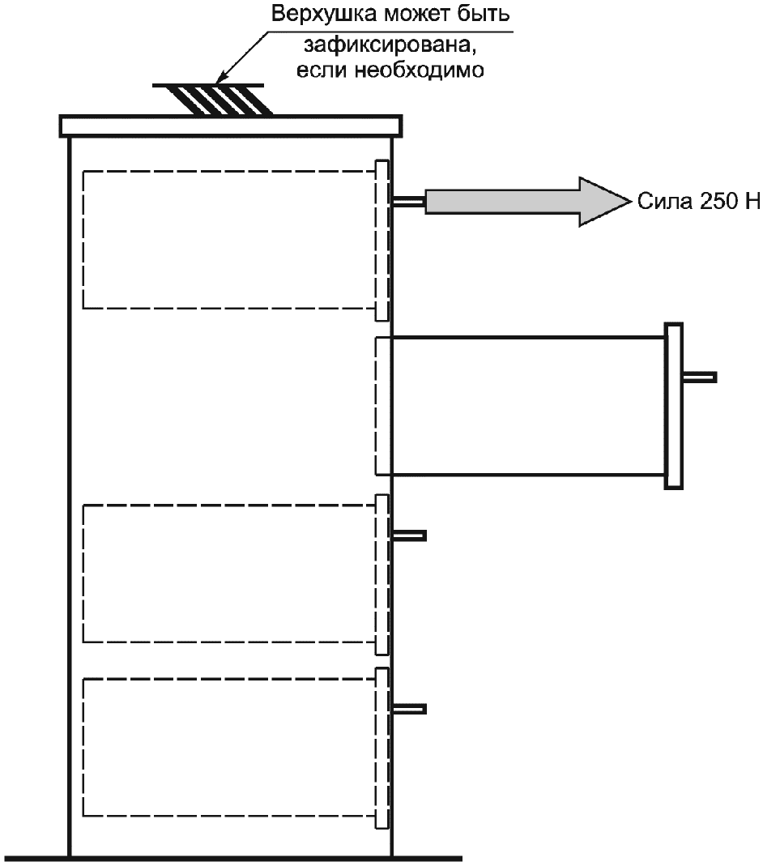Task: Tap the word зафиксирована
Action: (x=390, y=45)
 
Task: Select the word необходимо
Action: (x=419, y=70)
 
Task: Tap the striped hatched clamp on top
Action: (x=217, y=100)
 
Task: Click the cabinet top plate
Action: (x=230, y=126)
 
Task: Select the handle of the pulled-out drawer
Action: (x=700, y=378)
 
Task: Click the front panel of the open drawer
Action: (x=674, y=406)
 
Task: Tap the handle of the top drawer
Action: (x=408, y=202)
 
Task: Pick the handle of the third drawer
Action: (x=409, y=535)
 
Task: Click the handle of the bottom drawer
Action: (x=409, y=709)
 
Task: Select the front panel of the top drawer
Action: (x=382, y=241)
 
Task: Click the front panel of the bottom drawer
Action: (x=382, y=749)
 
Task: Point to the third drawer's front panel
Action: (x=382, y=574)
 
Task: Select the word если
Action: (x=322, y=70)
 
